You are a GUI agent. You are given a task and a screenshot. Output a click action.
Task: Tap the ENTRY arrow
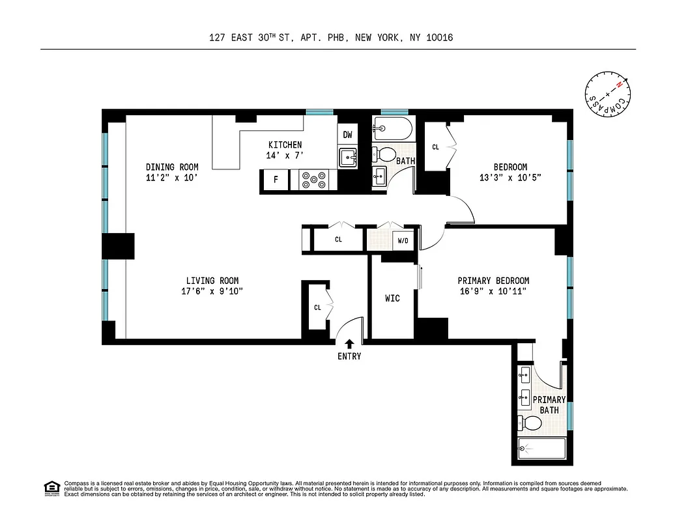tap(349, 343)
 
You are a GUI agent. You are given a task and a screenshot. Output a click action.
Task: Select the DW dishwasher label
tap(348, 135)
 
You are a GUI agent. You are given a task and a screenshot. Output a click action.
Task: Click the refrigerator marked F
tap(276, 180)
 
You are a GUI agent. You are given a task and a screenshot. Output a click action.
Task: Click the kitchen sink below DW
tap(348, 157)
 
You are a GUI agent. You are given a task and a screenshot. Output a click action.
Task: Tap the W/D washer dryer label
tap(403, 241)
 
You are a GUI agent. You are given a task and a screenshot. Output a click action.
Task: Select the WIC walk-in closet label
tap(392, 298)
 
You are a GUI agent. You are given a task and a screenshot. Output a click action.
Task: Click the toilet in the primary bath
tap(532, 424)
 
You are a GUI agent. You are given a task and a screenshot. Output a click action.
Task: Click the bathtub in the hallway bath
tap(392, 128)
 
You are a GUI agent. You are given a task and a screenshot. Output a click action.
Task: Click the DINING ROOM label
tap(172, 167)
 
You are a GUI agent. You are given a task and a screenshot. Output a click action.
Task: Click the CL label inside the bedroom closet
tap(435, 147)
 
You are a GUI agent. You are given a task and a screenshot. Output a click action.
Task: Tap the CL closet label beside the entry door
tap(317, 307)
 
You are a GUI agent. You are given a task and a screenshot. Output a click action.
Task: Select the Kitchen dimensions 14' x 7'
tap(285, 155)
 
